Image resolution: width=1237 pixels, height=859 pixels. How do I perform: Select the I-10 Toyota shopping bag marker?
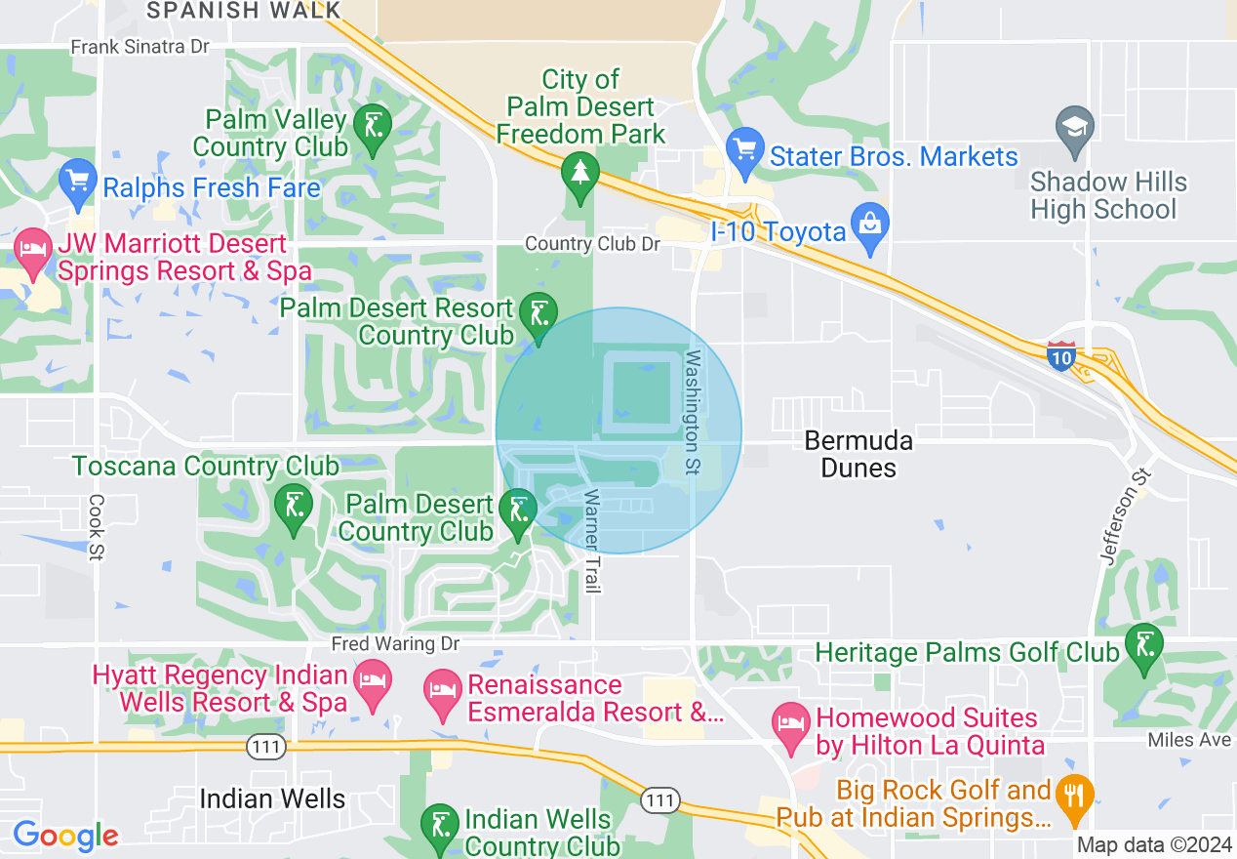(x=867, y=225)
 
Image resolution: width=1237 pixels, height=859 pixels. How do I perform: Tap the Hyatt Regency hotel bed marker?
(x=372, y=678)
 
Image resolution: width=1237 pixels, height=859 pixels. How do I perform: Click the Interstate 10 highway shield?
(x=1061, y=355)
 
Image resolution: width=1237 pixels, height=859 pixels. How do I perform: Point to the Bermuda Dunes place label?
(x=858, y=454)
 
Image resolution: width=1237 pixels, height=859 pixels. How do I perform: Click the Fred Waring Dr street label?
(x=394, y=644)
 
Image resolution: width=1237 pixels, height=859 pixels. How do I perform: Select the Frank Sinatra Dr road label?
(x=140, y=46)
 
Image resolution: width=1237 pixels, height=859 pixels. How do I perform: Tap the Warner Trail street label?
(x=591, y=542)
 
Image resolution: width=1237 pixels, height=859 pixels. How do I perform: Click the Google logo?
(x=65, y=836)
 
